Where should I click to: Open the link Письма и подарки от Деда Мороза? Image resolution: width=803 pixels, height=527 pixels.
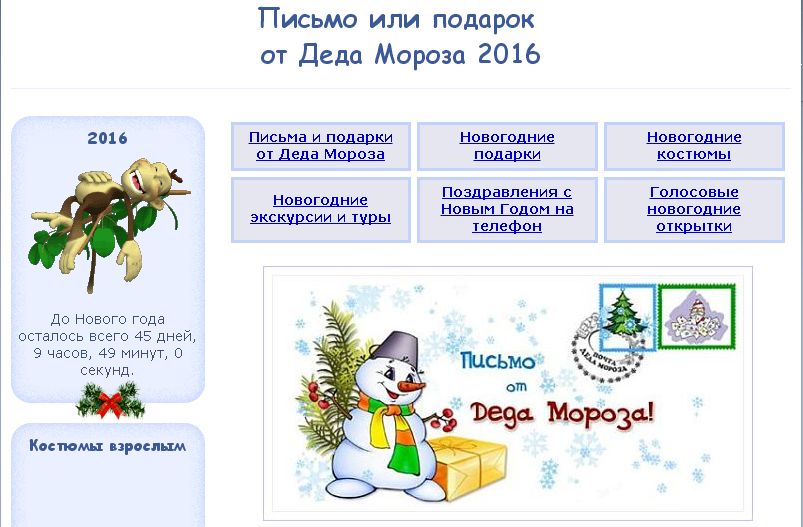321,146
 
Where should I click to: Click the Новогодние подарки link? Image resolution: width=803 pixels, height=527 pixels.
507,146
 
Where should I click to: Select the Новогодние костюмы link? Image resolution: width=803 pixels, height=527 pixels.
694,146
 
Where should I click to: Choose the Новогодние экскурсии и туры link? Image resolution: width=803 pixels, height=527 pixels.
321,209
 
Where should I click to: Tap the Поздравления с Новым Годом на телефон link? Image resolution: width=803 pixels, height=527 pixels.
507,209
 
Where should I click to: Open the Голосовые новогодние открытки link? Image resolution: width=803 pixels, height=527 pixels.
694,209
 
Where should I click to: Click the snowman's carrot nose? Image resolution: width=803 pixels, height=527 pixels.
411,386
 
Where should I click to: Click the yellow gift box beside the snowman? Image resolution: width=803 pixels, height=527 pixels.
466,467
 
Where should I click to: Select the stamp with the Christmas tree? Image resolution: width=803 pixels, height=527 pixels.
627,318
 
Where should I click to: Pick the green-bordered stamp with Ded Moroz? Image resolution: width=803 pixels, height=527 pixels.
697,317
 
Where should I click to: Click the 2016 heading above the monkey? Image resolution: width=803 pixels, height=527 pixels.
108,138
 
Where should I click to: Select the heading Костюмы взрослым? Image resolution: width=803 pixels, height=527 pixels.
108,446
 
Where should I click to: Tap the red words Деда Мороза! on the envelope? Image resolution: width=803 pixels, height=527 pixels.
562,414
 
